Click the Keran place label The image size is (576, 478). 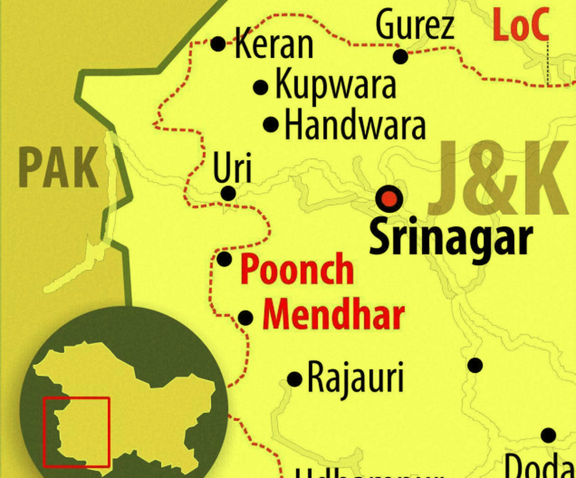pos(274,45)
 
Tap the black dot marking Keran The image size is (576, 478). pos(218,44)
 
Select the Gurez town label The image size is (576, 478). pos(415,26)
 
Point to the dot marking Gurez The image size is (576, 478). pos(401,57)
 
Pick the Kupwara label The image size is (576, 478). pos(336,86)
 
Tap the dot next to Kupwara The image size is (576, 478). pos(261,87)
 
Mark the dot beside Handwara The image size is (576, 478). pos(271,125)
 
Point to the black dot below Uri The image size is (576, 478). pos(228,194)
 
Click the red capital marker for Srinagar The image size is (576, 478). pos(389,199)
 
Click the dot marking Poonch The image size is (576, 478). pos(225,259)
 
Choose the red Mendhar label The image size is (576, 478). pos(334,315)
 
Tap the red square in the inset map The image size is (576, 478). pos(77,432)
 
